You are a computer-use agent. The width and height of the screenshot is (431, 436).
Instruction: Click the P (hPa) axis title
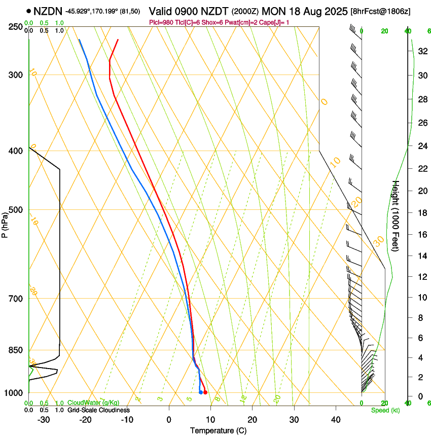(x=5, y=223)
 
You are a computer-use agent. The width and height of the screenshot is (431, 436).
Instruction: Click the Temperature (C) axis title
(x=218, y=430)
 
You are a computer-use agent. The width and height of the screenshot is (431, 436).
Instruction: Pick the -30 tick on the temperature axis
(x=44, y=420)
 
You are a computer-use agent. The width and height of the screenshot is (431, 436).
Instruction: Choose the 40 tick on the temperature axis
(x=336, y=420)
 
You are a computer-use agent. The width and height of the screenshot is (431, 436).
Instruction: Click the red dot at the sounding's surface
(x=205, y=392)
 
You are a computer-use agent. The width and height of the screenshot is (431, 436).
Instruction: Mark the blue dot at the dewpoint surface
(x=201, y=392)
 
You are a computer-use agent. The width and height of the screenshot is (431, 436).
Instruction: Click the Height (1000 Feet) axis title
(x=396, y=216)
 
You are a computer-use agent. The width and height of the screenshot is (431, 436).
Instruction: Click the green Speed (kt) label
(x=385, y=410)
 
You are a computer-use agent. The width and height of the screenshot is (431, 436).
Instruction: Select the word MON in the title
(x=273, y=11)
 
